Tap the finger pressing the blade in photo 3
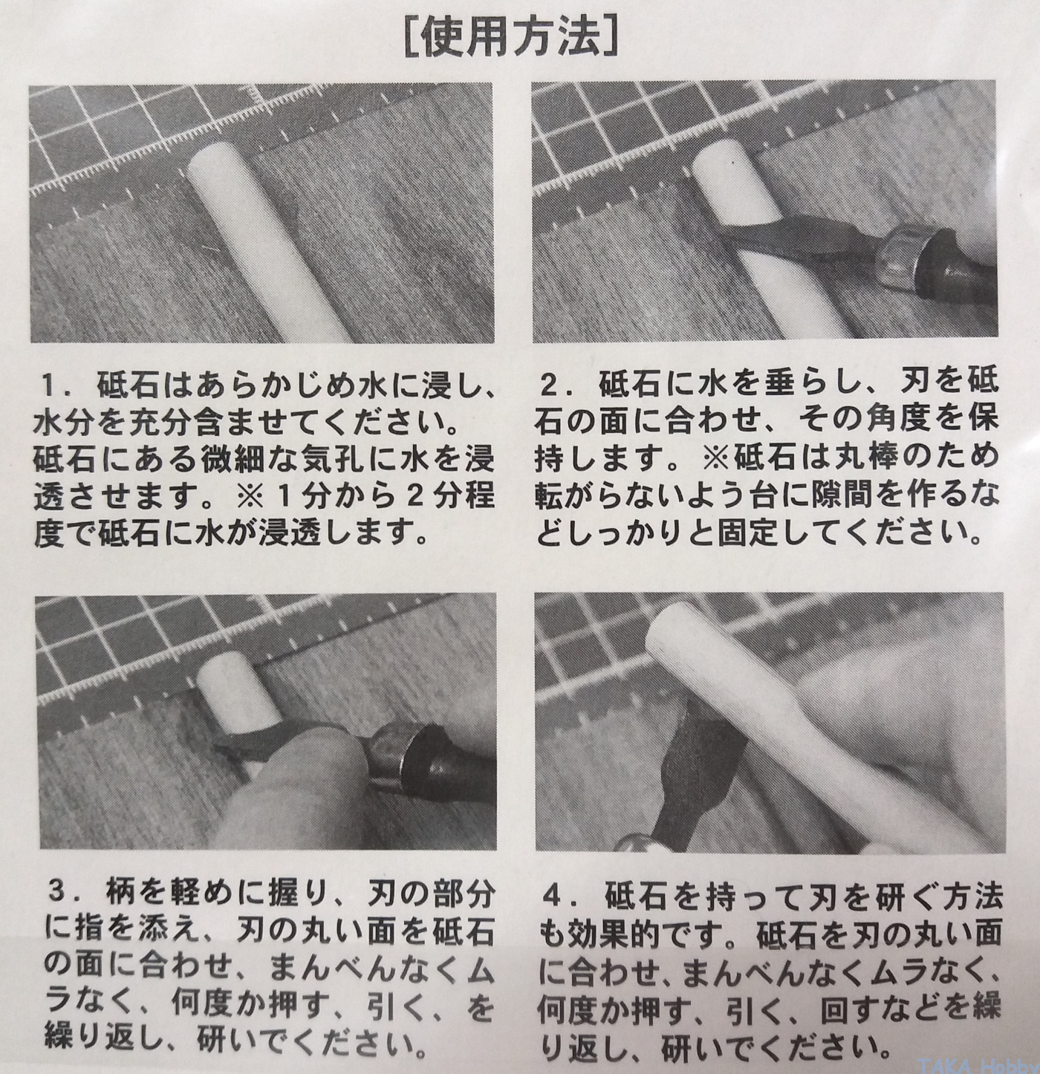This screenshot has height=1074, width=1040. (301, 772)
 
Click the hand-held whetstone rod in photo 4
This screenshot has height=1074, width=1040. (800, 734)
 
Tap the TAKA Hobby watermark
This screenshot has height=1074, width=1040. (977, 1064)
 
